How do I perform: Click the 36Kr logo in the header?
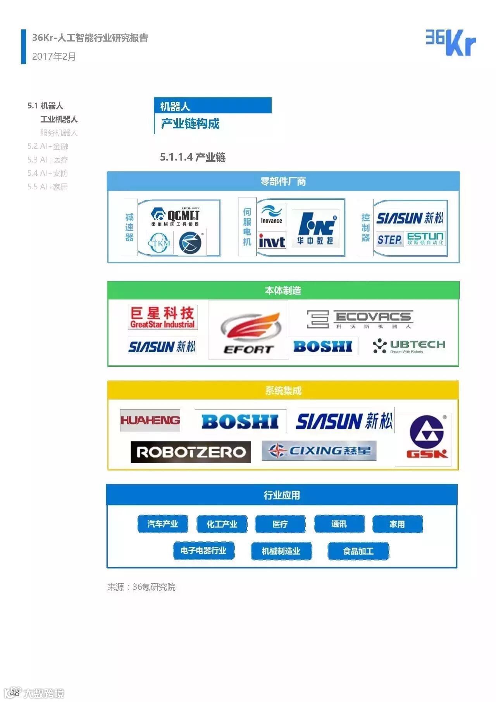point(451,43)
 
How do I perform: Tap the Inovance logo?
point(271,215)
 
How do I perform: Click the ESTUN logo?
point(425,239)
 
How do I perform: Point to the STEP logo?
point(389,240)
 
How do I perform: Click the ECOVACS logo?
point(360,319)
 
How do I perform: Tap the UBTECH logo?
point(409,346)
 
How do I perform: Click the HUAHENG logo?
point(150,420)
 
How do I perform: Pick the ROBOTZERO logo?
point(191,452)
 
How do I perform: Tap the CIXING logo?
point(319,451)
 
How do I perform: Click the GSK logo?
point(426,437)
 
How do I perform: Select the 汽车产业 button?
point(162,524)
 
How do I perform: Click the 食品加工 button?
point(358,551)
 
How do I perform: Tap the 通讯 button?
point(339,524)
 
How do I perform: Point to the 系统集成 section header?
point(283,391)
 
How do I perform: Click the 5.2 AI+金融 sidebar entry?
point(48,146)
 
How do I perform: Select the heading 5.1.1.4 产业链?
point(193,157)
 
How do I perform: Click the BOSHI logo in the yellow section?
point(240,422)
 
